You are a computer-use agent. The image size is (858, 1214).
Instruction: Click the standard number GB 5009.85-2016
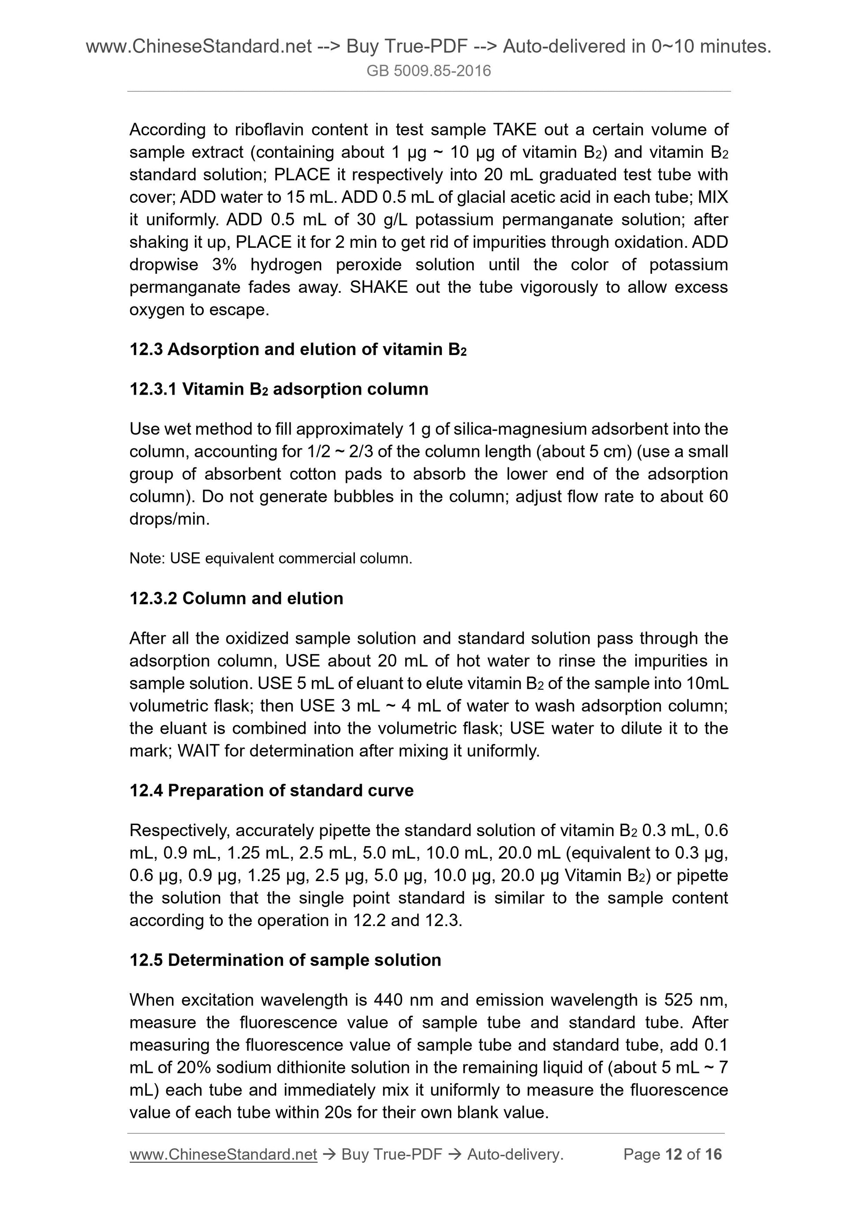(428, 71)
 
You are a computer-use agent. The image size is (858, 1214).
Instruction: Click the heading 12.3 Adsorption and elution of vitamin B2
(298, 350)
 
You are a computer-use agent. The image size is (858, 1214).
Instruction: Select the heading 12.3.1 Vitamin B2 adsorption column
(279, 389)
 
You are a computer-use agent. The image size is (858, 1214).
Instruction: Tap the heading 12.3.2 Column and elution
(236, 598)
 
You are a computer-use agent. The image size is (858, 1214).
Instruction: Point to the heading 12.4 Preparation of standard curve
(271, 791)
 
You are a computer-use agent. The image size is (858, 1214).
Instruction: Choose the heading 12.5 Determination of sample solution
(285, 960)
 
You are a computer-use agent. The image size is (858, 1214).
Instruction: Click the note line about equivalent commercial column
(271, 558)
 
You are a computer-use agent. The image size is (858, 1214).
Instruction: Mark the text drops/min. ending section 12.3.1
(170, 519)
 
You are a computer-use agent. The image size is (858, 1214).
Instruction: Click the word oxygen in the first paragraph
(156, 310)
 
